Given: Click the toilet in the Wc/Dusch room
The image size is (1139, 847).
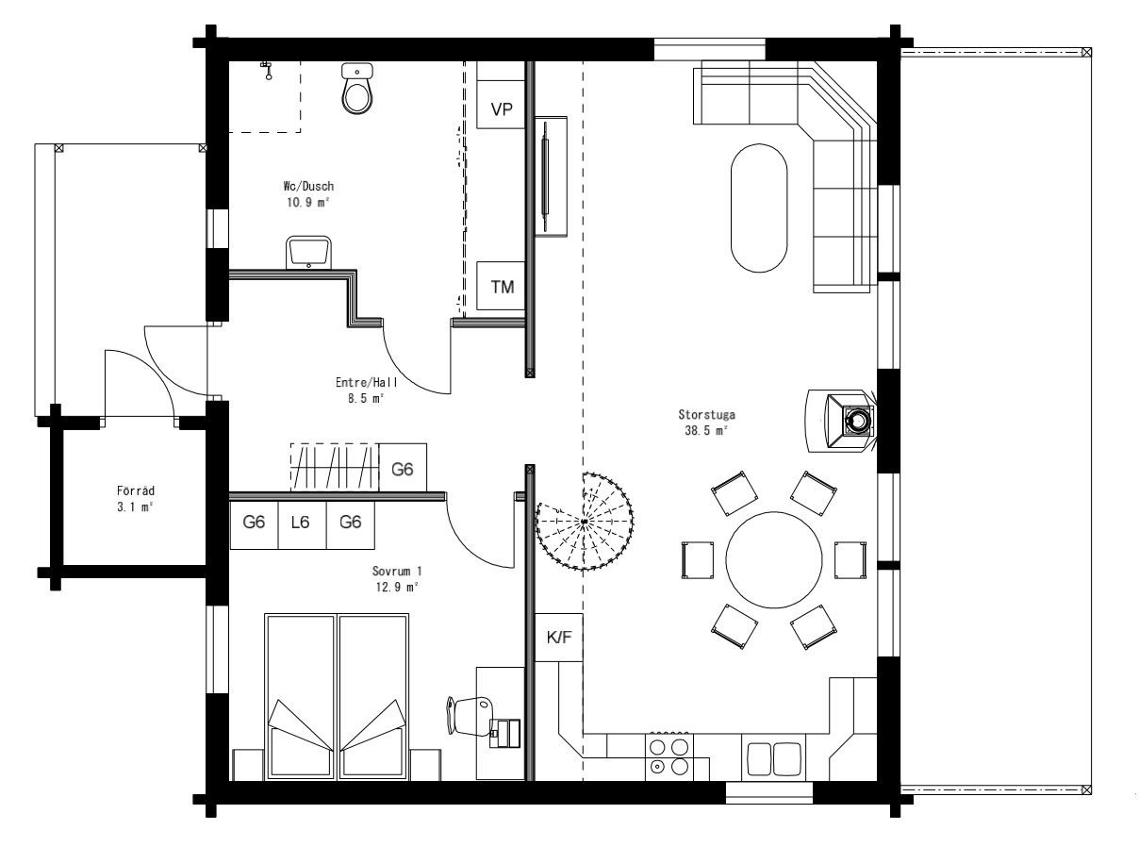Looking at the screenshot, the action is pos(357,89).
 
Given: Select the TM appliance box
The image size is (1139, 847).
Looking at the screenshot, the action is pos(501,286).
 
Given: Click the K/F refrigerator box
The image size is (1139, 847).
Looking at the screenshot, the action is pos(559,637).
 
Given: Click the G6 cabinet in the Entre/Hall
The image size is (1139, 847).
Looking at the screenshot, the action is pos(403,468).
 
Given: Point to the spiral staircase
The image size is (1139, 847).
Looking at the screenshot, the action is pos(585,521).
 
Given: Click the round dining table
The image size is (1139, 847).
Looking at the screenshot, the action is pos(774,560).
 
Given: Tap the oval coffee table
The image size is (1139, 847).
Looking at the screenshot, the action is pos(759,208).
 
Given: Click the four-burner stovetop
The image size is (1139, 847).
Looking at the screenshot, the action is pos(669,757).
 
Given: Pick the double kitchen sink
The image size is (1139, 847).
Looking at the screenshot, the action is pos(773,758).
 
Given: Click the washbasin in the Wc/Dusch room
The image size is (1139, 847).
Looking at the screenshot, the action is pos(308,252).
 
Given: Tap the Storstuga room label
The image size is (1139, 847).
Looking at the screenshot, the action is pos(706,414).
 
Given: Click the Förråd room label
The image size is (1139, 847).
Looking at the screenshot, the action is pos(136,490).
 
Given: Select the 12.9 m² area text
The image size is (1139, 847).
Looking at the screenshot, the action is pos(397,587).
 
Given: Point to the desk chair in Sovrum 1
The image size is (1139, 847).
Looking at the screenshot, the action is pos(470,716).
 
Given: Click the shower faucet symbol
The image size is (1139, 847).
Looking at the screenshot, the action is pos(266,71).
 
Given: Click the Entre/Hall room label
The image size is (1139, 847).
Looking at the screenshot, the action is pos(367,382).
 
